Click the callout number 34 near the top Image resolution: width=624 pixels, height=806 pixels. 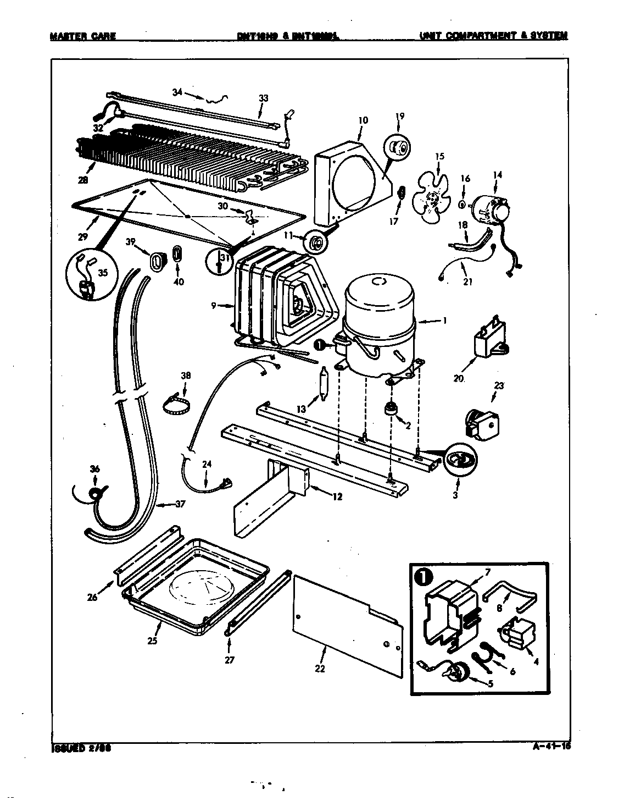[x=176, y=92]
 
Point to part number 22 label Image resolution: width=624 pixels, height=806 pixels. [x=319, y=668]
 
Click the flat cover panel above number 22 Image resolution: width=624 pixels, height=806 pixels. [x=346, y=616]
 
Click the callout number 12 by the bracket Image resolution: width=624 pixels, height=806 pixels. [x=337, y=496]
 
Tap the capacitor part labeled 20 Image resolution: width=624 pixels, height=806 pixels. [x=489, y=342]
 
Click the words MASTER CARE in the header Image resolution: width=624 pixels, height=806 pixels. [x=83, y=36]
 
